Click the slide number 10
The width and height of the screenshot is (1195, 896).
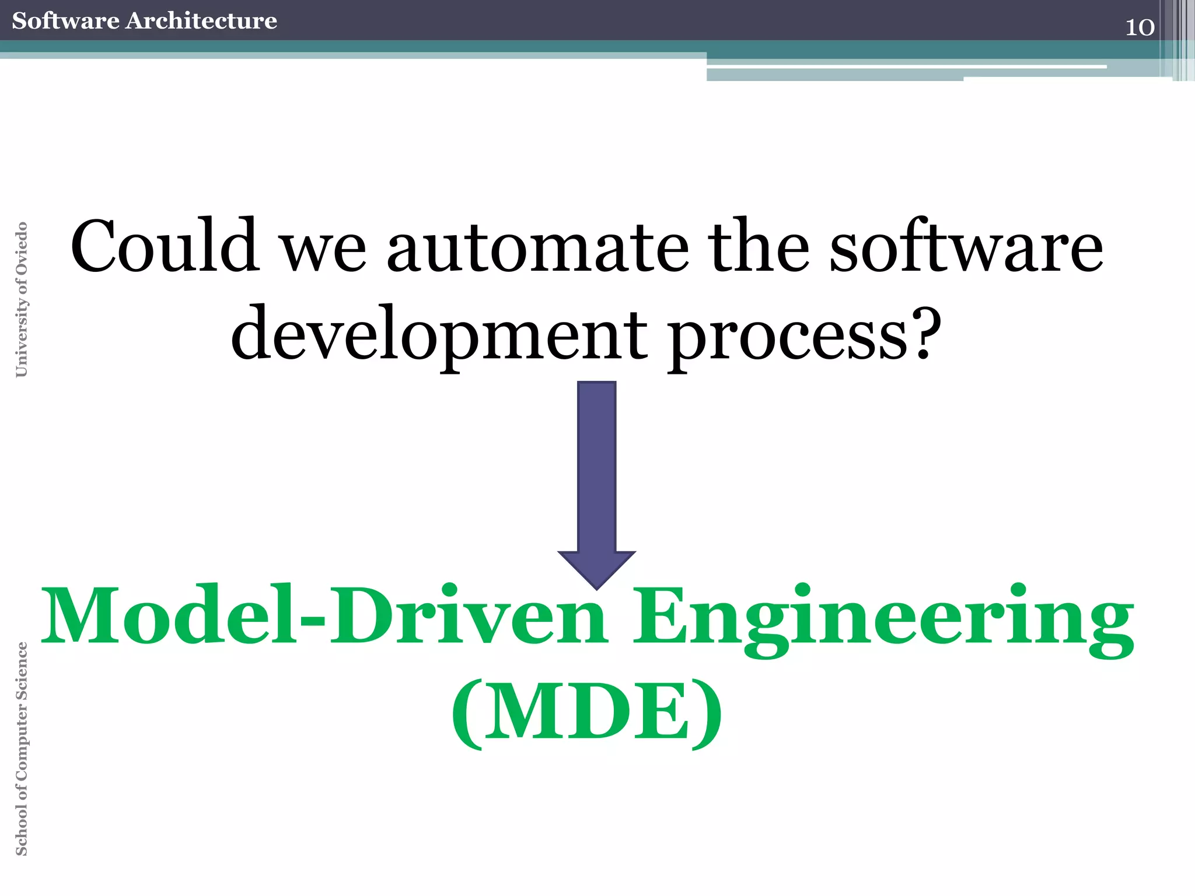coord(1139,27)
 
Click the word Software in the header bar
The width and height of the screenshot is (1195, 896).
coord(65,21)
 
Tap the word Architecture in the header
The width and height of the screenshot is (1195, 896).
coord(201,21)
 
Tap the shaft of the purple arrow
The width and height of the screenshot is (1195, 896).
coord(596,467)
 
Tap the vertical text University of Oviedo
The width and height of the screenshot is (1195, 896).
coord(21,299)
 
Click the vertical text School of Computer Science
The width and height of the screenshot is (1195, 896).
coord(21,748)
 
